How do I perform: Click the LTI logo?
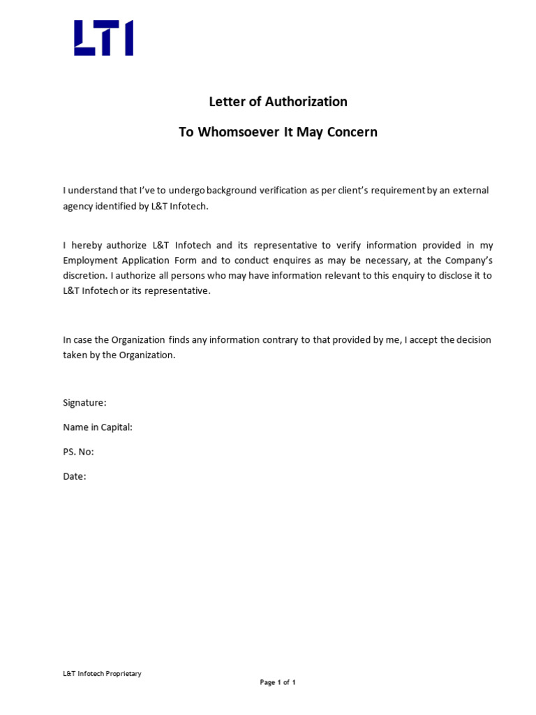click(103, 38)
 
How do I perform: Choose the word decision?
click(475, 340)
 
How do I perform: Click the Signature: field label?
click(84, 403)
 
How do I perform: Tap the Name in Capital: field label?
click(98, 427)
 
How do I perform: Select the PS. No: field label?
click(78, 452)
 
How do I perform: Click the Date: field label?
click(75, 476)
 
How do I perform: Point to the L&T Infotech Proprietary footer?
click(102, 674)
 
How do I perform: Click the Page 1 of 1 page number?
click(278, 683)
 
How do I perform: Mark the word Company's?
click(470, 260)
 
